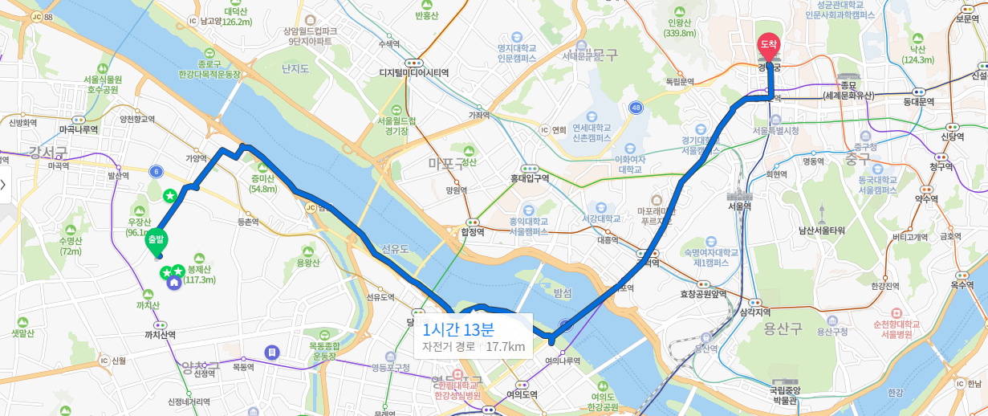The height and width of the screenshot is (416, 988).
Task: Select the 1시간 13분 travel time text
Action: [458, 328]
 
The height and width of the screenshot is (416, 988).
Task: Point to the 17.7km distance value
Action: [505, 347]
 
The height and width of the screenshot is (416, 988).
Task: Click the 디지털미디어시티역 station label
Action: [413, 72]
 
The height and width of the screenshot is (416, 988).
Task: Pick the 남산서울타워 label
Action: [821, 230]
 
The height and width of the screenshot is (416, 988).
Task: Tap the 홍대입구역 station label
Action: [529, 178]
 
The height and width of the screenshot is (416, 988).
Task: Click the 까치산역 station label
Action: [160, 334]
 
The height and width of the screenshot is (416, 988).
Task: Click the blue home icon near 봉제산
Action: [173, 282]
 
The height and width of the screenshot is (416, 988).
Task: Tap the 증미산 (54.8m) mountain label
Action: [262, 184]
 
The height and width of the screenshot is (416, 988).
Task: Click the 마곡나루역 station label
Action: [79, 128]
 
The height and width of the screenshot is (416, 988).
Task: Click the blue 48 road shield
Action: [636, 107]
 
